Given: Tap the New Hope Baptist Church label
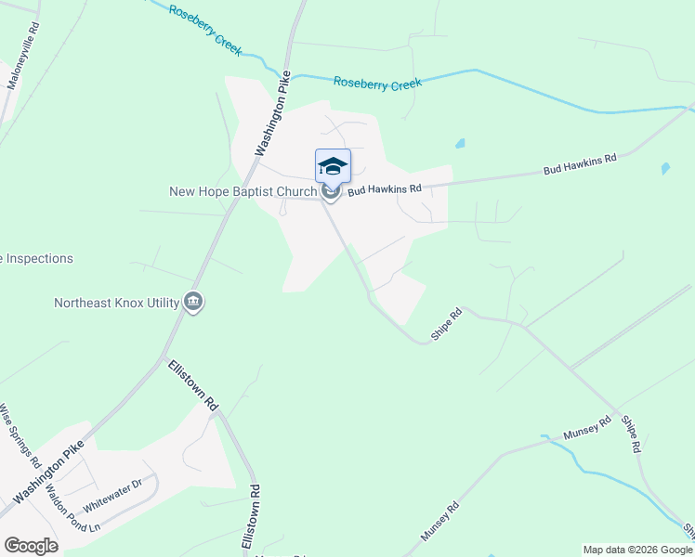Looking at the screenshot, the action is (x=243, y=192).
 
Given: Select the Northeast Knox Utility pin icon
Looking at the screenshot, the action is (x=193, y=302).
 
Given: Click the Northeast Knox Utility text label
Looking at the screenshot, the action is (x=117, y=303).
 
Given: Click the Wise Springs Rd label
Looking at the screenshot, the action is (x=20, y=435).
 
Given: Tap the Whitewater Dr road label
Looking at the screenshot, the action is (x=111, y=496).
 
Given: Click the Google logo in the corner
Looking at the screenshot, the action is (x=30, y=545).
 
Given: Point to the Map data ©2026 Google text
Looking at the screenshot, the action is (x=637, y=550).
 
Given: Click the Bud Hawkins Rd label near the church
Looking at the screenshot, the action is (x=385, y=189).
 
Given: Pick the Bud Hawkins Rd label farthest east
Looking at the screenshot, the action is (x=580, y=164).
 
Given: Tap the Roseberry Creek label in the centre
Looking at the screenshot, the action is (x=377, y=84).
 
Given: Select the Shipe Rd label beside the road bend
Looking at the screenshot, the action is (x=446, y=324).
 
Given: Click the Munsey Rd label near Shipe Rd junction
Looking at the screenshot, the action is (x=587, y=427).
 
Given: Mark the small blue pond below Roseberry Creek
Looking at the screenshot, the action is (x=459, y=144).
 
